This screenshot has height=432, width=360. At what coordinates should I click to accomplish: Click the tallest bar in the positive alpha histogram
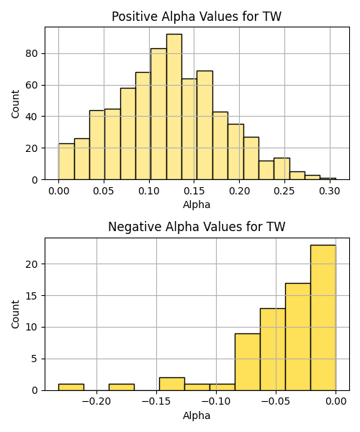tap(174, 107)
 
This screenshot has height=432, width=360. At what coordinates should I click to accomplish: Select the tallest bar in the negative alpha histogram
tap(323, 318)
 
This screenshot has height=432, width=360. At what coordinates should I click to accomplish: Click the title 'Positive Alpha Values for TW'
tap(197, 17)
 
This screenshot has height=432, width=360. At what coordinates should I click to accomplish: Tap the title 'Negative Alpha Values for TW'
tap(197, 227)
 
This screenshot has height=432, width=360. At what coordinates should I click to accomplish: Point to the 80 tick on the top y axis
tap(32, 53)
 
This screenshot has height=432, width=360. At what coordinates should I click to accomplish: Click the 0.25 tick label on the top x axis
tap(284, 191)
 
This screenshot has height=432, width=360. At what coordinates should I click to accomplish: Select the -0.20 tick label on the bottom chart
tap(96, 402)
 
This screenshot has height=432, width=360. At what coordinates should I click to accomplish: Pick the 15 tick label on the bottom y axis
tap(32, 296)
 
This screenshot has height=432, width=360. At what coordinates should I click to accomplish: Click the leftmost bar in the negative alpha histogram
tap(71, 387)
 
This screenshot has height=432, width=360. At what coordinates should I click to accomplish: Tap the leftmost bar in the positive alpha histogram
tap(66, 162)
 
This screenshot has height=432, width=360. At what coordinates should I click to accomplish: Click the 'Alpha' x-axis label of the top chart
tap(197, 204)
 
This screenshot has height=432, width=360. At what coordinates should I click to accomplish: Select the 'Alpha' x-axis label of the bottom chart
tap(197, 415)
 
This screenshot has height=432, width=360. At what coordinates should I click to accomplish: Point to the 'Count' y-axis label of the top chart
tap(15, 104)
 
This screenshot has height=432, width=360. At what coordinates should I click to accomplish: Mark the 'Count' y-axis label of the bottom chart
tap(15, 314)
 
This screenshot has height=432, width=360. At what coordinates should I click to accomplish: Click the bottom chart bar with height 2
tap(172, 384)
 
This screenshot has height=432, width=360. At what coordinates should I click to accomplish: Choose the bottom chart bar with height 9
tap(248, 362)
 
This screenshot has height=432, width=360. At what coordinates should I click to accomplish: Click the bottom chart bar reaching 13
tap(273, 350)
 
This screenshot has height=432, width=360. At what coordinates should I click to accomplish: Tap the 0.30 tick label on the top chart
tap(330, 191)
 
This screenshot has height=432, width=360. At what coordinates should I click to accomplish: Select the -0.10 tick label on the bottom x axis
tap(216, 402)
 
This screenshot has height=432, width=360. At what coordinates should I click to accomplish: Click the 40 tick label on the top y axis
tap(32, 117)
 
